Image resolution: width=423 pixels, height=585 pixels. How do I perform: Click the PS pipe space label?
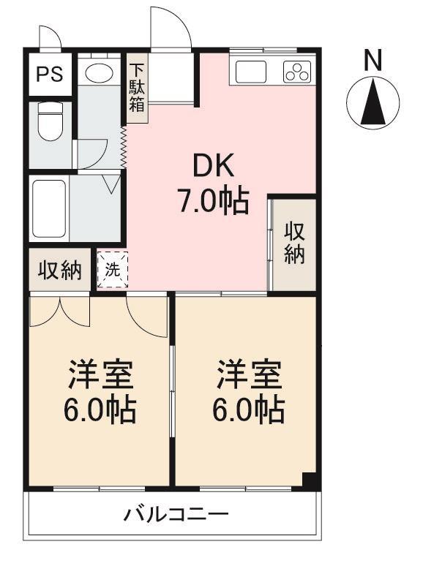click(50, 74)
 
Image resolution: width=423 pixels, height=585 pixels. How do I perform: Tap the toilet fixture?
click(50, 121)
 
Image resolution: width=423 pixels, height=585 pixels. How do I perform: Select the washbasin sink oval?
click(99, 72)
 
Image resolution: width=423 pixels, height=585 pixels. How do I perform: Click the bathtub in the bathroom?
click(49, 211)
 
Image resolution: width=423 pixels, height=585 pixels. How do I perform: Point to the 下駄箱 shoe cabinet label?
click(137, 88)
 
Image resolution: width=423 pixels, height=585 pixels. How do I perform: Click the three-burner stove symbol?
click(297, 71)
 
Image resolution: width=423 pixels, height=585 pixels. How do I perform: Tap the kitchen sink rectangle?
click(251, 72)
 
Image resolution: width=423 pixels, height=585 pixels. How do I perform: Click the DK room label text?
click(213, 165)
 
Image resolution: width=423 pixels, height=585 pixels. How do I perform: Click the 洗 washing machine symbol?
click(113, 270)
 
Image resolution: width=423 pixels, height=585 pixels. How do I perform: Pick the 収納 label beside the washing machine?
click(60, 270)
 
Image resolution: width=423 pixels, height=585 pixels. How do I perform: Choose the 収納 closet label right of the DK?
click(295, 243)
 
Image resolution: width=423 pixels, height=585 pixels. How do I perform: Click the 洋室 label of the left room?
click(100, 374)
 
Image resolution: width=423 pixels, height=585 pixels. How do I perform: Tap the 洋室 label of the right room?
click(250, 374)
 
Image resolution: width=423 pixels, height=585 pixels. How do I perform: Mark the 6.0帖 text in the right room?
click(249, 409)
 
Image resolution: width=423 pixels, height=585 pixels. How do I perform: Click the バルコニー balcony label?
click(176, 515)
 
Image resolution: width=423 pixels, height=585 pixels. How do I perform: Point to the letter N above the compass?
click(373, 60)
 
